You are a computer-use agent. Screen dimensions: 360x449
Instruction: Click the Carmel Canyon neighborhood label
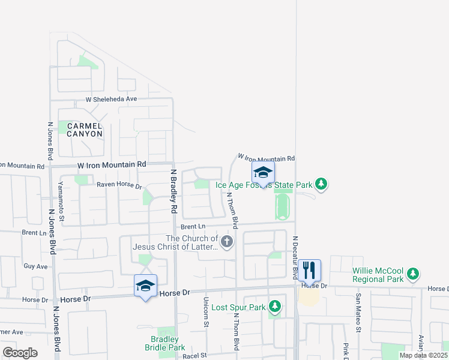pos(85,130)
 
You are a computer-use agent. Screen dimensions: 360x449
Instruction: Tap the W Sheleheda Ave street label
pos(112,99)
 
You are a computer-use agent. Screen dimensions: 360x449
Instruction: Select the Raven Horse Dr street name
pos(119,187)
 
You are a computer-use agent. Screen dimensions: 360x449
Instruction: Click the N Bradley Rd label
pos(173,191)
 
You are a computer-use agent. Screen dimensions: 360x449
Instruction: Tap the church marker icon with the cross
pos(226,242)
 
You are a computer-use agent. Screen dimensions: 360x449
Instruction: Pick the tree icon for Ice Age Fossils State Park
pos(321,184)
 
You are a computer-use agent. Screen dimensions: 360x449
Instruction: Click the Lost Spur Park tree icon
pos(274,307)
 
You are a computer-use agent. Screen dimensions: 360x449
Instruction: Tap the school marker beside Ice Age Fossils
pos(262,173)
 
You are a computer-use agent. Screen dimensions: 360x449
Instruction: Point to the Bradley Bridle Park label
pos(164,343)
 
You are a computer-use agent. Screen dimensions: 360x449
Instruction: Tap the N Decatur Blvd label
pos(295,257)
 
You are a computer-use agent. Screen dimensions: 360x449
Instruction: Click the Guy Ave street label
pos(35,266)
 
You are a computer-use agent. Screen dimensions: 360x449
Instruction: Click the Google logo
pos(20,352)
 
